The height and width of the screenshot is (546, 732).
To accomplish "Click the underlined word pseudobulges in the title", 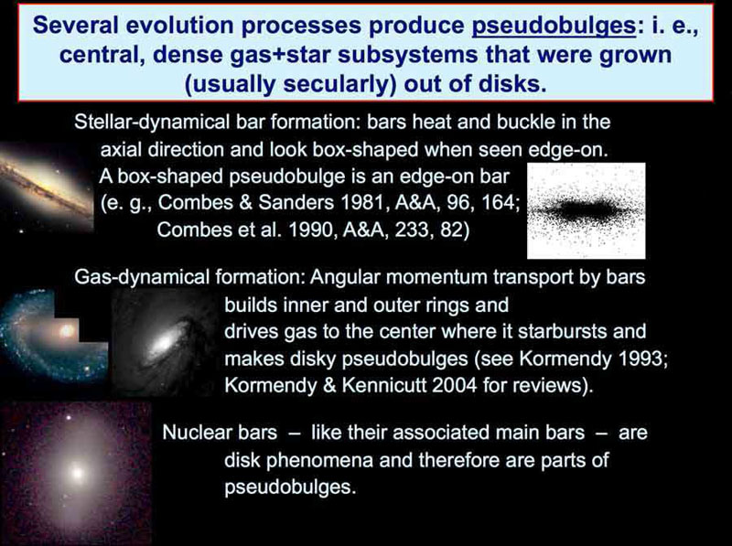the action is click(554, 27).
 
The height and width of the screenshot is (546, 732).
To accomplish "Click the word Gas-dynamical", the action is click(142, 278).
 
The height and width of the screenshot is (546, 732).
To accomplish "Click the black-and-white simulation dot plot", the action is click(587, 210).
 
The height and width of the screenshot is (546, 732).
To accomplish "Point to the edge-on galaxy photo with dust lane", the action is click(47, 187).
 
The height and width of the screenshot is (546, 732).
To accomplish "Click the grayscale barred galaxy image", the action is click(165, 343).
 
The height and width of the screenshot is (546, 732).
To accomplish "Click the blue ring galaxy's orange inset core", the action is click(66, 331).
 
